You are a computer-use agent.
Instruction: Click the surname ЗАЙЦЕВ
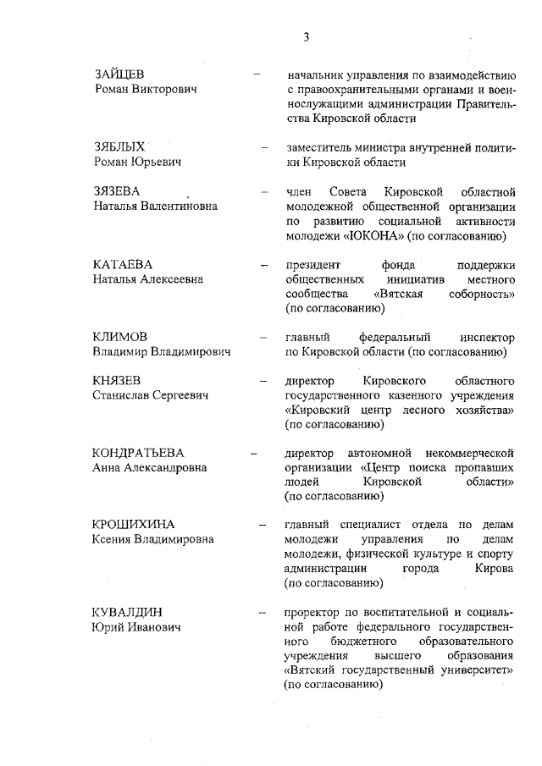pos(119,74)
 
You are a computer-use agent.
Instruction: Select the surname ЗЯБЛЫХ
pos(119,146)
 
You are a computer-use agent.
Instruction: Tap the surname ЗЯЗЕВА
pos(117,190)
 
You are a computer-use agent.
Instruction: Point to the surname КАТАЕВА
pos(122,264)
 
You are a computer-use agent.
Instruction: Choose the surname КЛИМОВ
pos(120,337)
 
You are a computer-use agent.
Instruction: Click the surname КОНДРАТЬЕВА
pos(138,454)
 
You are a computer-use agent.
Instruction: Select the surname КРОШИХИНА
pos(132,525)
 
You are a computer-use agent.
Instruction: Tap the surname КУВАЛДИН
pos(127,612)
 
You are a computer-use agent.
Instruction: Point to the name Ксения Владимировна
pos(152,539)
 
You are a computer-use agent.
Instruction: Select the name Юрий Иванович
pos(135,626)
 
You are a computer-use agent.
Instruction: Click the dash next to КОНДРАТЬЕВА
pos(253,455)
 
